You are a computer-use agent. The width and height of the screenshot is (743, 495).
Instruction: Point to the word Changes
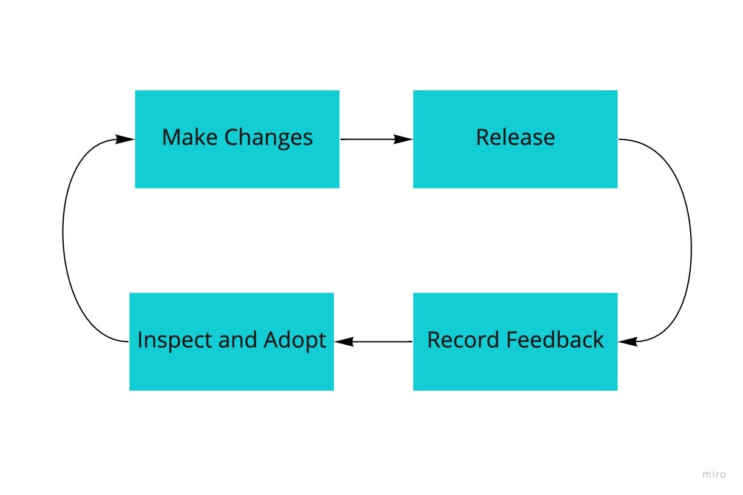coord(268,138)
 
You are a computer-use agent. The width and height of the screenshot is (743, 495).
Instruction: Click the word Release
coord(515,137)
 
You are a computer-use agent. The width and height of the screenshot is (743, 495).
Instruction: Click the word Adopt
coord(294,340)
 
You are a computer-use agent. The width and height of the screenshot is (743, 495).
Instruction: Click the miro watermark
coord(714,474)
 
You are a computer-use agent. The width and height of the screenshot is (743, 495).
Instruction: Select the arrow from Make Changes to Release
coord(370,140)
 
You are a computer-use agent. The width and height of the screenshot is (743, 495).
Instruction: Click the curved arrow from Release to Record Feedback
coord(690,243)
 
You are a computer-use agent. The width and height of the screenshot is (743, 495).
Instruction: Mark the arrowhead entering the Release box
coord(403,140)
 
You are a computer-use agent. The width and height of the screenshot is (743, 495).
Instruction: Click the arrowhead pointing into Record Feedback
coord(628,342)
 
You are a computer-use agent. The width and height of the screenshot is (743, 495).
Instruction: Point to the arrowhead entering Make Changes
coord(124,140)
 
